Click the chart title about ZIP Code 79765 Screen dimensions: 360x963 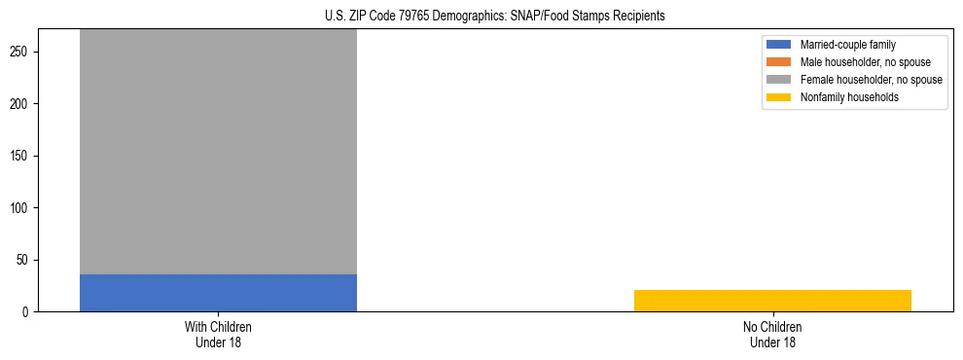(495, 17)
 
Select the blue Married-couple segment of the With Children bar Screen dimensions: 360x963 (218, 293)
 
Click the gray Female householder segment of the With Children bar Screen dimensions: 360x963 (218, 151)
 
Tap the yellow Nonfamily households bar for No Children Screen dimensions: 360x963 (772, 301)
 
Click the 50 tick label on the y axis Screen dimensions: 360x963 (28, 260)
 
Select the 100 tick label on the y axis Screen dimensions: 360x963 (25, 208)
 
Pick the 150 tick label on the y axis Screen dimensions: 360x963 (25, 156)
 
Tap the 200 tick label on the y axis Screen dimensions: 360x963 (25, 104)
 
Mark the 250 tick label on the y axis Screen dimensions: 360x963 (25, 52)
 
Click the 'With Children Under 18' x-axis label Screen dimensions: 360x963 (218, 334)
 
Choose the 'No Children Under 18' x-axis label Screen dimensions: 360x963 (772, 334)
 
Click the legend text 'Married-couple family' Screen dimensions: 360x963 (847, 45)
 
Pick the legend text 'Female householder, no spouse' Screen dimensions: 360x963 (871, 80)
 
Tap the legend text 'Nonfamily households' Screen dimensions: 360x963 (848, 97)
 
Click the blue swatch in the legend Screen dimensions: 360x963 (779, 45)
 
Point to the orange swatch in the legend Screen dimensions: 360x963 (779, 62)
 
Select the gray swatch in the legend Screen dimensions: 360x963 (779, 80)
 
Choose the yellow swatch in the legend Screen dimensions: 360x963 (779, 97)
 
